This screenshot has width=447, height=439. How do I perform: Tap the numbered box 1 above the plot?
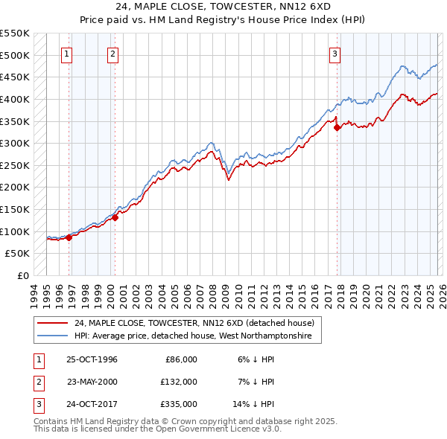(x=67, y=54)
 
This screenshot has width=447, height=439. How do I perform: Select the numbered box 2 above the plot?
(x=112, y=54)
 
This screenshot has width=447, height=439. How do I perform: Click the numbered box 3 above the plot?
(x=335, y=54)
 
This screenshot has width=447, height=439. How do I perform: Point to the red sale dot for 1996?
(x=69, y=237)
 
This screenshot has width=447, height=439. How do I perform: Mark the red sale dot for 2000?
(x=115, y=217)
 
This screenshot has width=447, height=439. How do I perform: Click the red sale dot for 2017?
(x=337, y=127)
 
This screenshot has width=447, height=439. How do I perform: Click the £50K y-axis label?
(x=18, y=254)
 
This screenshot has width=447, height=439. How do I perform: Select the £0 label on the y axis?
(x=22, y=275)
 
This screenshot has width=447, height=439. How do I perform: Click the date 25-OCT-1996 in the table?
(x=92, y=359)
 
